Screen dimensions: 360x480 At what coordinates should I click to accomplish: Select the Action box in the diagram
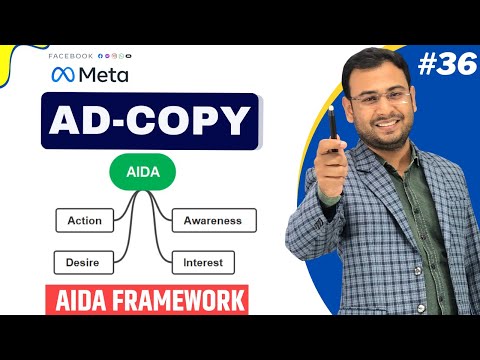[84, 220]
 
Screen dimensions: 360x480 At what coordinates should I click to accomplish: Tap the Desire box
[83, 263]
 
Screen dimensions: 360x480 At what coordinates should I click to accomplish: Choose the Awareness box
[213, 220]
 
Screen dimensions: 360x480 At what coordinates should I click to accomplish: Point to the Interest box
[203, 263]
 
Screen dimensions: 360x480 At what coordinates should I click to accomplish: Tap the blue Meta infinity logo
[63, 75]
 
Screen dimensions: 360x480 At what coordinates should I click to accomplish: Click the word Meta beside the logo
[103, 75]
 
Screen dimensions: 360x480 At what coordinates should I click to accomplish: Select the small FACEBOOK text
[69, 56]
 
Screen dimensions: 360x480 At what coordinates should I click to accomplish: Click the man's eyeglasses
[385, 97]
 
